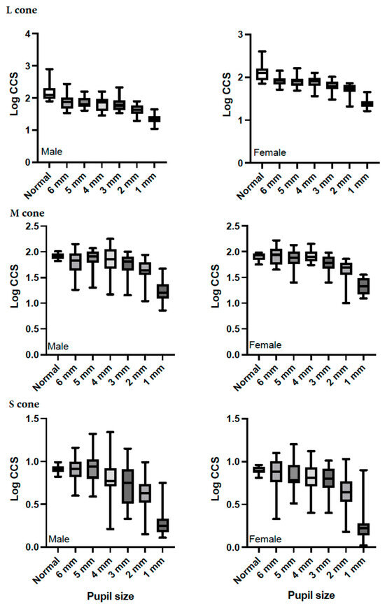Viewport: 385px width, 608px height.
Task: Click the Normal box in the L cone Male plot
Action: (49, 93)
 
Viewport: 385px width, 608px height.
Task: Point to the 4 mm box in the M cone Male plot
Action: (110, 259)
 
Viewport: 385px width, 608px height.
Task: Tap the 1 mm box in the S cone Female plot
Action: (363, 528)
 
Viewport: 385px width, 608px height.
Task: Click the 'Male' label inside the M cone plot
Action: (57, 345)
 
